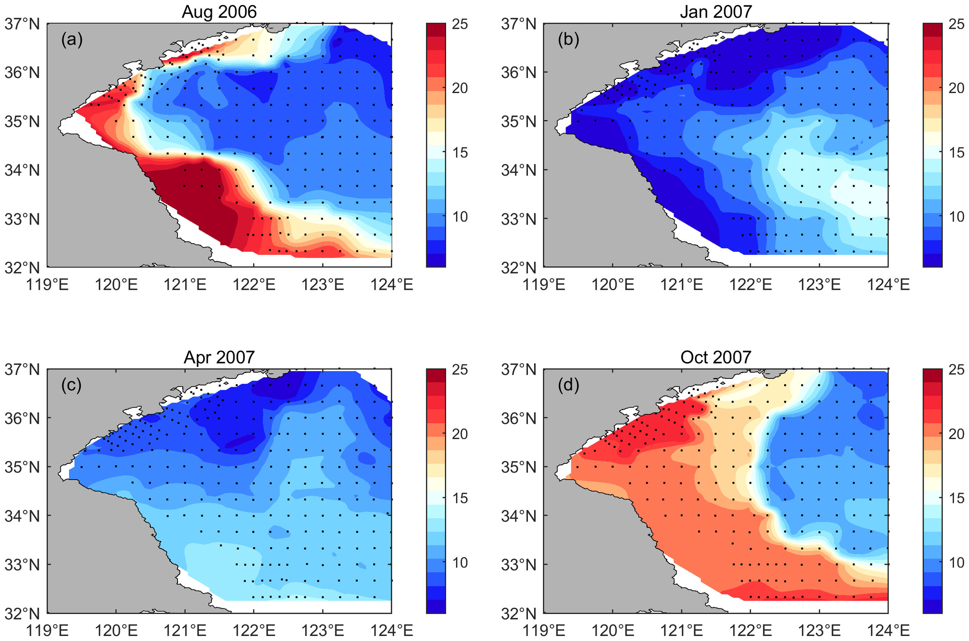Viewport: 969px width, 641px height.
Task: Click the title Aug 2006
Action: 219,12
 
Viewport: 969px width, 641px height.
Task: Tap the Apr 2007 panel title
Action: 219,358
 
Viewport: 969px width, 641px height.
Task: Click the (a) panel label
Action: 72,40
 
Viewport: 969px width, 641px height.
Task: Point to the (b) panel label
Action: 568,40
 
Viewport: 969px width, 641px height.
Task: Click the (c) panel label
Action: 71,385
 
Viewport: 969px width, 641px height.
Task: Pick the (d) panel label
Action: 568,385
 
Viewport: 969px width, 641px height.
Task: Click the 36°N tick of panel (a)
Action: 22,73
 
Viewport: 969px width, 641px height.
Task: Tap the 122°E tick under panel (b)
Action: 750,285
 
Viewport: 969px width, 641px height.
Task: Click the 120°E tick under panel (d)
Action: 613,631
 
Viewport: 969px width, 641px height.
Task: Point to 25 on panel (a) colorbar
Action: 460,24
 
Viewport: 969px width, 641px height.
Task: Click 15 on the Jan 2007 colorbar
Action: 956,153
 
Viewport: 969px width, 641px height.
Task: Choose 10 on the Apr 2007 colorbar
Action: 460,563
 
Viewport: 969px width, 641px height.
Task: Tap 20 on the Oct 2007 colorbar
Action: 956,434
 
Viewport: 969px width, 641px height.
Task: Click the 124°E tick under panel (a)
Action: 392,285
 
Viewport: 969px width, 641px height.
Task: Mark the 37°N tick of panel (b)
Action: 519,24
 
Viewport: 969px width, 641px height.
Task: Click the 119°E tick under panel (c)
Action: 47,631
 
